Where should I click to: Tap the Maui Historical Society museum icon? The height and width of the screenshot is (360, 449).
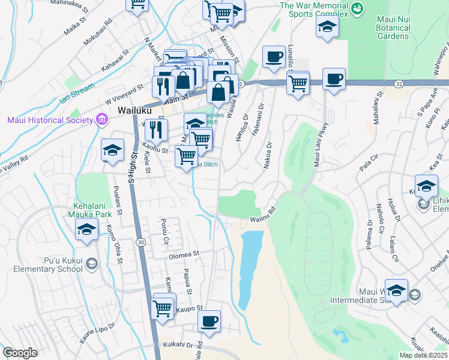(100, 120)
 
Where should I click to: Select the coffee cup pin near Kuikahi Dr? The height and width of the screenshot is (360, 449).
(209, 322)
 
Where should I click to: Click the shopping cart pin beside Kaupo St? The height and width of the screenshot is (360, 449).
(163, 308)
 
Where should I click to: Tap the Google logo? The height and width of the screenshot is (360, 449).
(20, 353)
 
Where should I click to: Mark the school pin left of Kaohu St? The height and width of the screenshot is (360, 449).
(112, 151)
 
